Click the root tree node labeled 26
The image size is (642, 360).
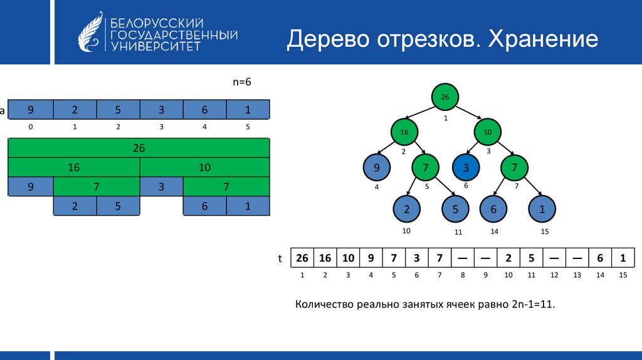pyautogui.click(x=445, y=97)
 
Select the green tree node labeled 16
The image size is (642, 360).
pyautogui.click(x=404, y=132)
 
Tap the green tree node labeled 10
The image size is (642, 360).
pyautogui.click(x=488, y=132)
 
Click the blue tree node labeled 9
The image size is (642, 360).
pyautogui.click(x=377, y=167)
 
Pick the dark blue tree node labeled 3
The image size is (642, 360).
pyautogui.click(x=466, y=167)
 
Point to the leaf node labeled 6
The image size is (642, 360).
pyautogui.click(x=493, y=209)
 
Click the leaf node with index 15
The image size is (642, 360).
pyautogui.click(x=542, y=209)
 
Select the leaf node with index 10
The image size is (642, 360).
pyautogui.click(x=406, y=209)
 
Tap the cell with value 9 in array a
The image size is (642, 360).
pyautogui.click(x=31, y=109)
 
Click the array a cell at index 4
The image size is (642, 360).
pyautogui.click(x=204, y=109)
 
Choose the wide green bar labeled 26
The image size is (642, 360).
pyautogui.click(x=139, y=148)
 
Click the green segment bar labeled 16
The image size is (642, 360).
pyautogui.click(x=74, y=167)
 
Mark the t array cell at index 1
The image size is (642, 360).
pyautogui.click(x=302, y=258)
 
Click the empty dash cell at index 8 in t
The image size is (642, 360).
pyautogui.click(x=463, y=258)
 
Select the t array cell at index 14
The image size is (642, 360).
pyautogui.click(x=600, y=258)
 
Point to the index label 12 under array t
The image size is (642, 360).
pyautogui.click(x=554, y=275)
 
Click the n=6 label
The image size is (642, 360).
pyautogui.click(x=242, y=82)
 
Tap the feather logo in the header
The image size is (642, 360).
pyautogui.click(x=90, y=32)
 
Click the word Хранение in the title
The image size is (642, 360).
pyautogui.click(x=543, y=40)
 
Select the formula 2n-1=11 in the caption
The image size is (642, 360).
pyautogui.click(x=533, y=304)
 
